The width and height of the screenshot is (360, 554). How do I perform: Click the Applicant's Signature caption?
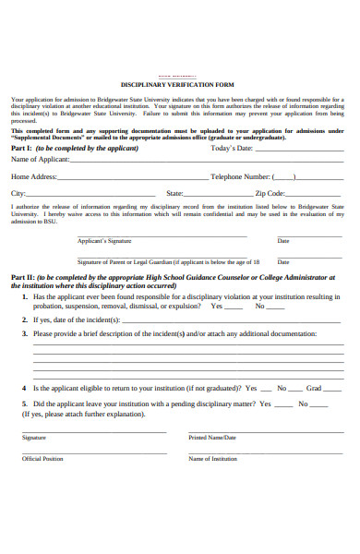click(x=104, y=240)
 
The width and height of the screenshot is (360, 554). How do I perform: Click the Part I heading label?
click(x=21, y=148)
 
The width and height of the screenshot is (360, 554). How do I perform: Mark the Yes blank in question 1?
click(x=235, y=307)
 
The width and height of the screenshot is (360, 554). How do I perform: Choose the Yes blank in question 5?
click(x=283, y=405)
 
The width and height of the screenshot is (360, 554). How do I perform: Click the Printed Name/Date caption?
click(x=212, y=438)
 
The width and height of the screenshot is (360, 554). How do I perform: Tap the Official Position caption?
click(x=42, y=458)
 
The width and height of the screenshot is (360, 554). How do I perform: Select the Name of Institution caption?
click(x=213, y=458)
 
